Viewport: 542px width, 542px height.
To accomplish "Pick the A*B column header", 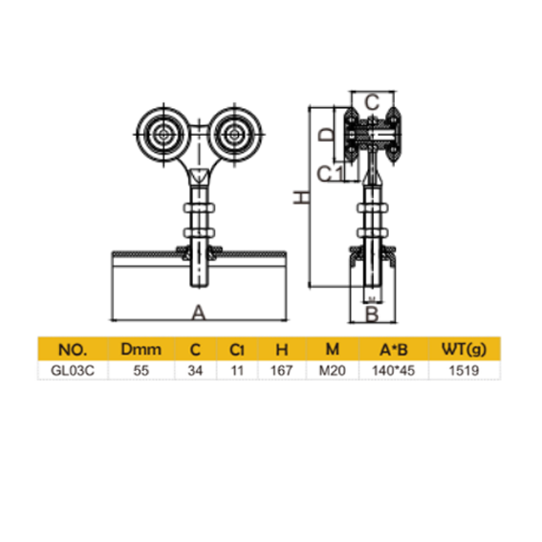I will point(388,348).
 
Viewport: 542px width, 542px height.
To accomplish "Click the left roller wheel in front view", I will point(163,136).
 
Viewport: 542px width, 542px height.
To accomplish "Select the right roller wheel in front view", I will point(233,136).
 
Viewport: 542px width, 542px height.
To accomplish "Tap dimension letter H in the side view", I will point(302,197).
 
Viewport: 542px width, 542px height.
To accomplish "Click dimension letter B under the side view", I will point(374,313).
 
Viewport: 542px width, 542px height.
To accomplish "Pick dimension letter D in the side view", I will point(326,135).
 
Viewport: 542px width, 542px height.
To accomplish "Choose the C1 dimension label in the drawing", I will point(331,172).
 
